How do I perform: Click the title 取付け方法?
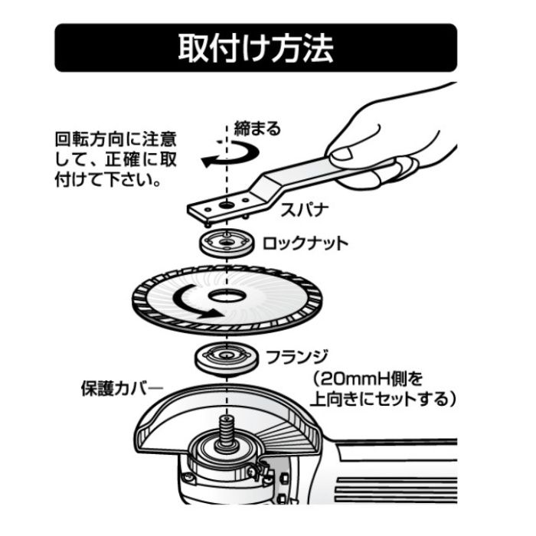(256, 48)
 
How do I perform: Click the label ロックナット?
(305, 243)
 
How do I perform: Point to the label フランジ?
(296, 356)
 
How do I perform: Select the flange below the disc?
(224, 357)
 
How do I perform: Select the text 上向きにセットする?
(381, 399)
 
